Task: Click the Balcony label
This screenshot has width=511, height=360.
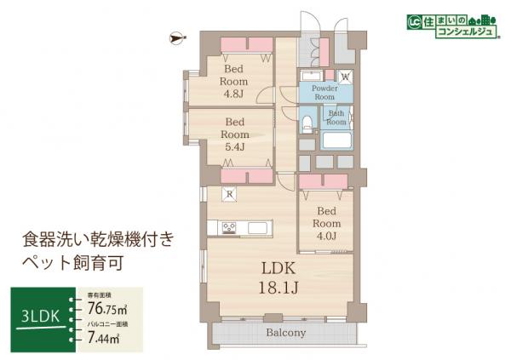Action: point(284,333)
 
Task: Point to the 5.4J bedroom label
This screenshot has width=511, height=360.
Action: point(235,134)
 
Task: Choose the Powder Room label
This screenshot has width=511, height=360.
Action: point(324,92)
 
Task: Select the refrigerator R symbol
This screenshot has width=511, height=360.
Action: point(227,193)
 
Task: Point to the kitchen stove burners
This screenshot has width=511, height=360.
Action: point(230,227)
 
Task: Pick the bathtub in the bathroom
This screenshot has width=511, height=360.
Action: point(336,140)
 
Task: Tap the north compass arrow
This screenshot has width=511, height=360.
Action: point(176,37)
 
